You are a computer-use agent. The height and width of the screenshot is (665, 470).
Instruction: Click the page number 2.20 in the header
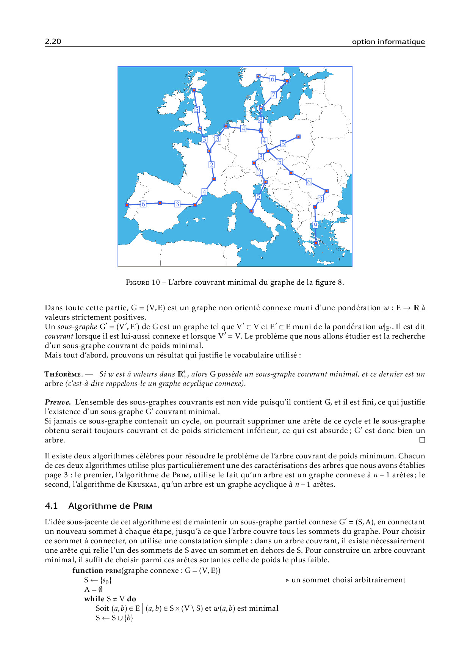pyautogui.click(x=53, y=42)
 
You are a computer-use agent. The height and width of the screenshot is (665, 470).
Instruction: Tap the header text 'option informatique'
pyautogui.click(x=388, y=42)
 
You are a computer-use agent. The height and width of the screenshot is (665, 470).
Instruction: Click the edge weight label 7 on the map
pyautogui.click(x=274, y=95)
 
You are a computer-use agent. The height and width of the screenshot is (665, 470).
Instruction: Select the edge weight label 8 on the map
pyautogui.click(x=261, y=119)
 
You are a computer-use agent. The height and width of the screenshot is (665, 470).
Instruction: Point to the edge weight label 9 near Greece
pyautogui.click(x=315, y=225)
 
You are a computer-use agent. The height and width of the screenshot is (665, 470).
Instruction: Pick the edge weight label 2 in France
pyautogui.click(x=211, y=165)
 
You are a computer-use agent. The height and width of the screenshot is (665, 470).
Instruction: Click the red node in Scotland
pyautogui.click(x=194, y=90)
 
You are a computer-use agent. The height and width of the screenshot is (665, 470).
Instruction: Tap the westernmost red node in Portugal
pyautogui.click(x=127, y=205)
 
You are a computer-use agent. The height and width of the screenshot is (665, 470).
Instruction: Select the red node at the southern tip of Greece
pyautogui.click(x=316, y=243)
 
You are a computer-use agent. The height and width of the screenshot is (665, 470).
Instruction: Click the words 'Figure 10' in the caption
pyautogui.click(x=143, y=282)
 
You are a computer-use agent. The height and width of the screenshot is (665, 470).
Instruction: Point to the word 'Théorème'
pyautogui.click(x=63, y=374)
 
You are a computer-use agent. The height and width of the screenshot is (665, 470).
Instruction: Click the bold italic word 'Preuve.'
pyautogui.click(x=58, y=402)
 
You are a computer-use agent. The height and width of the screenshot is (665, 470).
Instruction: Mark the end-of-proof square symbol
pyautogui.click(x=422, y=440)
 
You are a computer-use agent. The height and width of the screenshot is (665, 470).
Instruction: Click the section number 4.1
pyautogui.click(x=51, y=506)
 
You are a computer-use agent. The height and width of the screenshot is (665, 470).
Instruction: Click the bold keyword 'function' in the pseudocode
pyautogui.click(x=88, y=571)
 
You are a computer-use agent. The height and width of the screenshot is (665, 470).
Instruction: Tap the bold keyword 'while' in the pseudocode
pyautogui.click(x=94, y=599)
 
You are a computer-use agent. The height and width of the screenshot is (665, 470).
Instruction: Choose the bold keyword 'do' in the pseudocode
pyautogui.click(x=132, y=599)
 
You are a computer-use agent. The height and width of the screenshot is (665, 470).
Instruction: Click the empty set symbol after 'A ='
pyautogui.click(x=100, y=590)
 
